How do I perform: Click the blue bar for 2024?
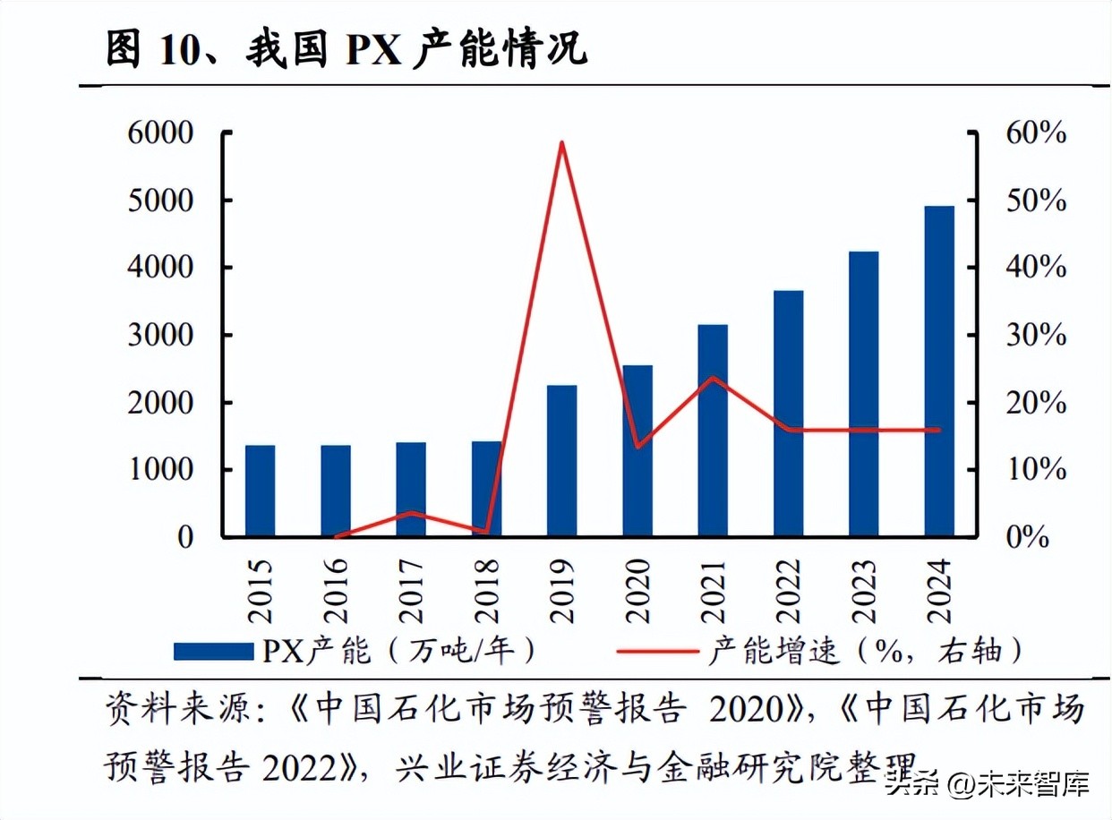[x=939, y=371]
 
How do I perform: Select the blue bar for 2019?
[x=561, y=460]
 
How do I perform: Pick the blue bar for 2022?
[x=788, y=413]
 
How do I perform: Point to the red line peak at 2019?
[x=561, y=142]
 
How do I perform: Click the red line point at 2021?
[x=713, y=377]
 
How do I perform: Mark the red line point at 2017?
[x=411, y=513]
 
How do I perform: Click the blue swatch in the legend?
[x=213, y=651]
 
